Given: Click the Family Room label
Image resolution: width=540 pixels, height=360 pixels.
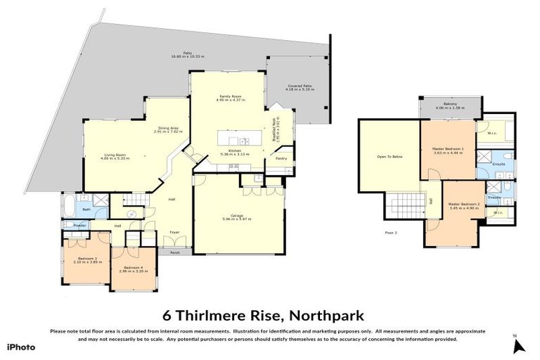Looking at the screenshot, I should click(x=228, y=99).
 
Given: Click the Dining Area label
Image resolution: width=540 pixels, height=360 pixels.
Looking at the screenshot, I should click(x=169, y=129).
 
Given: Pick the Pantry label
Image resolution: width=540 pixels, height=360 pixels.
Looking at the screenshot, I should click(x=281, y=158).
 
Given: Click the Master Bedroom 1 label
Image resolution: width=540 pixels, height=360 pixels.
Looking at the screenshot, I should click(x=448, y=150).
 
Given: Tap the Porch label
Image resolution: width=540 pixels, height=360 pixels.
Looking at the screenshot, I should click(x=176, y=252).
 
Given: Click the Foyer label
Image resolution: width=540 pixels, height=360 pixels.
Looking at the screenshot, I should click(x=174, y=231).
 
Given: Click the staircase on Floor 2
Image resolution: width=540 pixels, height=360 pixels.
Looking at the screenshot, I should click(x=404, y=208).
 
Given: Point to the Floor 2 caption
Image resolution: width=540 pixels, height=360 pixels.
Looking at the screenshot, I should click(x=391, y=232).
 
